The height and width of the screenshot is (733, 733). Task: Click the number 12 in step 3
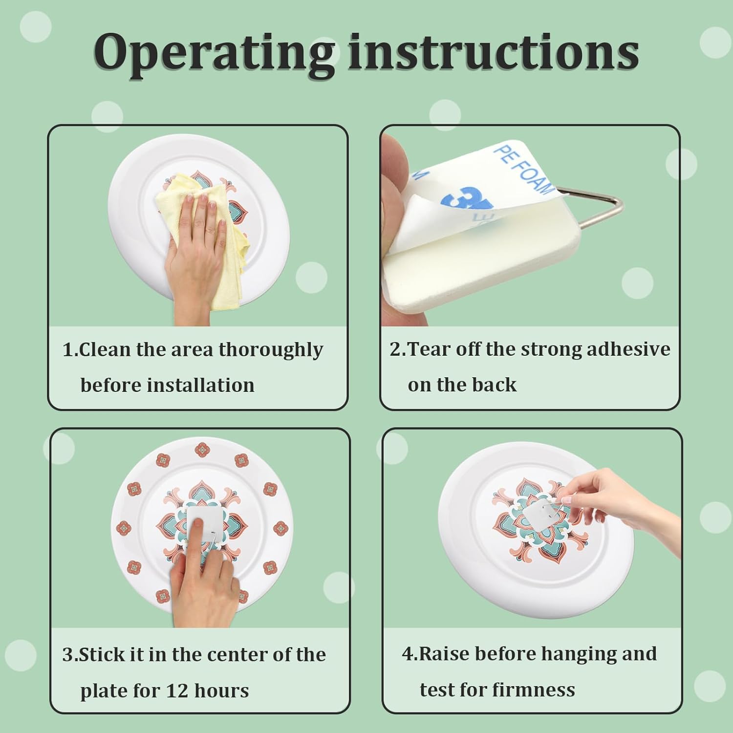(177, 691)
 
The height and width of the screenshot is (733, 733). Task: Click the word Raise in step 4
(445, 654)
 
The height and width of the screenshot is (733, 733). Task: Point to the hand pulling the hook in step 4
(630, 508)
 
